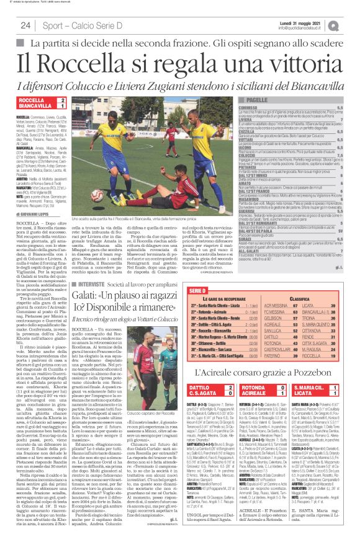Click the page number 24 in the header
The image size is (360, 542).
(x=25, y=25)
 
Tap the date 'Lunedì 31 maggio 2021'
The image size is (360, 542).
(x=308, y=22)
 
